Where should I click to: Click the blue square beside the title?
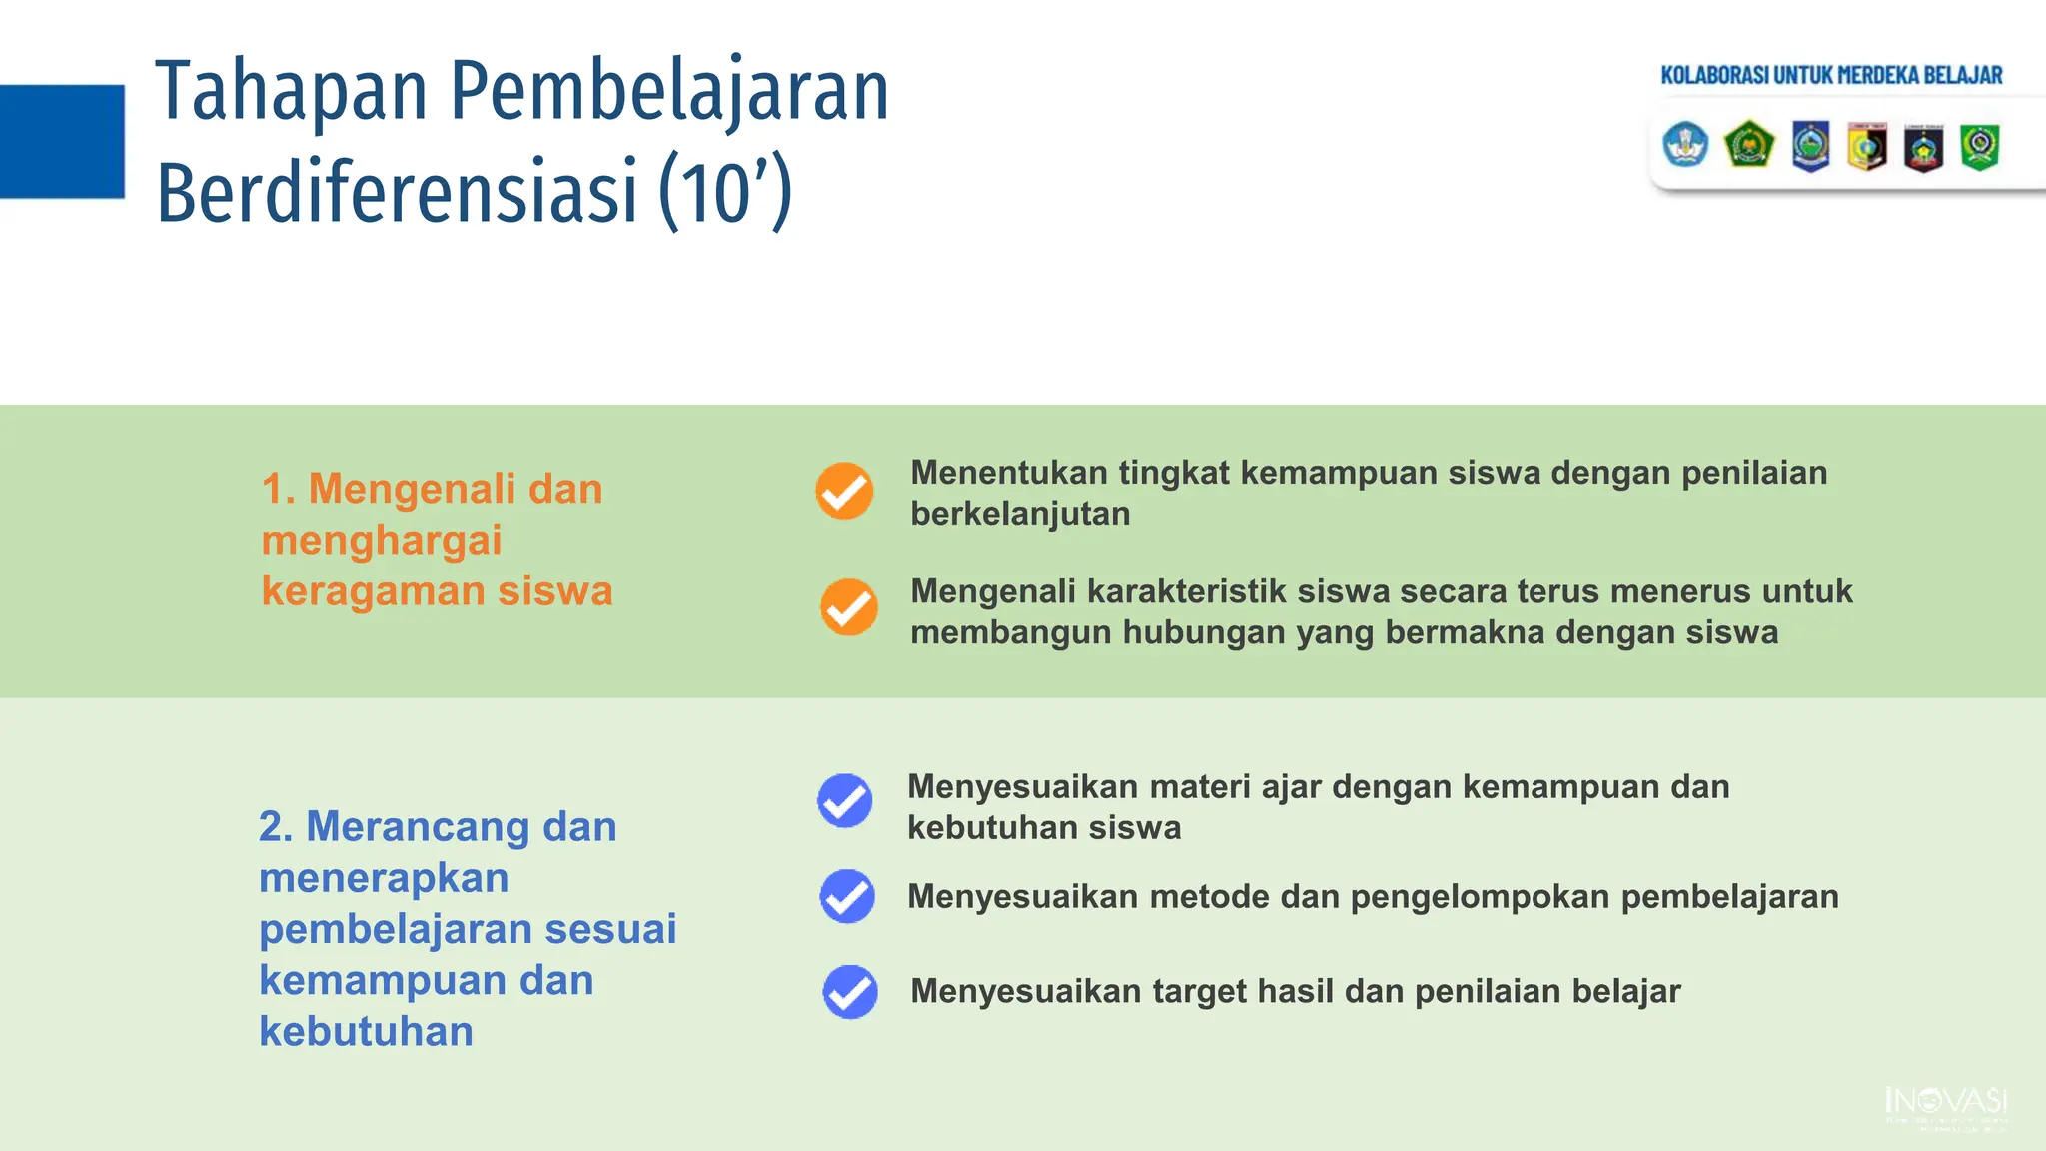(62, 141)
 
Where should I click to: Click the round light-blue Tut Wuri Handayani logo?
(1685, 145)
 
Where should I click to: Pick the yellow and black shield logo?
(1866, 147)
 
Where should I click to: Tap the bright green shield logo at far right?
(1979, 147)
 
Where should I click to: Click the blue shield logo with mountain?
(1810, 146)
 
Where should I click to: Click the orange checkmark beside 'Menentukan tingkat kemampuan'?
(844, 491)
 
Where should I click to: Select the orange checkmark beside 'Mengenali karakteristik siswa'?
(849, 607)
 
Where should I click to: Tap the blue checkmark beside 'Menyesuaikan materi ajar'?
(845, 801)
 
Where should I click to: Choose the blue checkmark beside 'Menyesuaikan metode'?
(847, 896)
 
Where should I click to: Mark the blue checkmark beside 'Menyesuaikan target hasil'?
(850, 991)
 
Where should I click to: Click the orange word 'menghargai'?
(382, 541)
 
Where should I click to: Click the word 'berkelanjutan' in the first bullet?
(1020, 514)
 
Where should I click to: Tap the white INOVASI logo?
(1946, 1106)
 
